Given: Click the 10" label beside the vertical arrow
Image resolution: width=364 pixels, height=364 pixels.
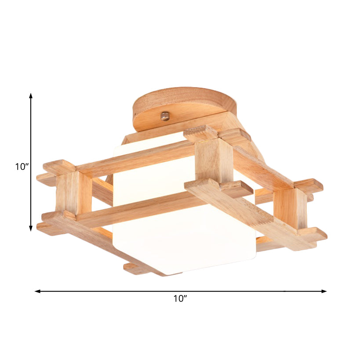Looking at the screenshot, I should [x=22, y=167].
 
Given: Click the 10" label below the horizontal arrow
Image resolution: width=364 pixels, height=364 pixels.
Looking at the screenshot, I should [x=180, y=299].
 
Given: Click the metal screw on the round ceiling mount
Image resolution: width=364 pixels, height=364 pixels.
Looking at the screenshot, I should [x=165, y=116].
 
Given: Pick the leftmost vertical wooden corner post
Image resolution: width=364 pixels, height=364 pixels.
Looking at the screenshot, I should [x=68, y=193].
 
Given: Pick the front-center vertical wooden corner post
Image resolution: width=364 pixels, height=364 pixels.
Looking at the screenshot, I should [x=214, y=160].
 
